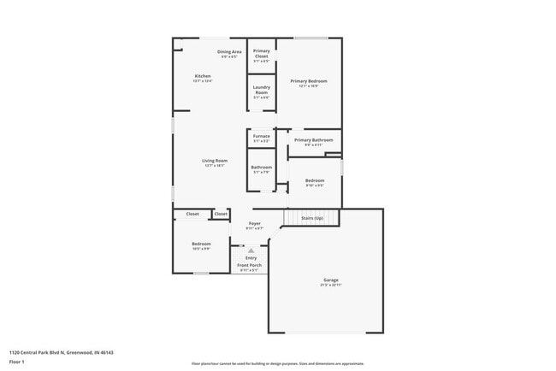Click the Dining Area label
[x=229, y=51]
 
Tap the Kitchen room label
[x=203, y=75]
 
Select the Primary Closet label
[x=261, y=53]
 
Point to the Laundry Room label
[x=261, y=90]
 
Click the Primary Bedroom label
[x=308, y=80]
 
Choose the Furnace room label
[x=261, y=136]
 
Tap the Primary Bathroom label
[x=313, y=139]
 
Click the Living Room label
[x=214, y=161]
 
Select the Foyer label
[x=255, y=223]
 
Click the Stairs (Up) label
[x=313, y=218]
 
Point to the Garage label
[x=330, y=280]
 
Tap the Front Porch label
[x=251, y=265]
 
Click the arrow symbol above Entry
[x=251, y=250]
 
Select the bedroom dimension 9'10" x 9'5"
[x=315, y=185]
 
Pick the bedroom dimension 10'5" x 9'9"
[x=201, y=249]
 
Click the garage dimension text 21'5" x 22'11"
[x=330, y=285]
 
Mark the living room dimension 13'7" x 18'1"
[x=214, y=166]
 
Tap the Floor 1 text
[x=17, y=361]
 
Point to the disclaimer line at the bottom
[x=277, y=363]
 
